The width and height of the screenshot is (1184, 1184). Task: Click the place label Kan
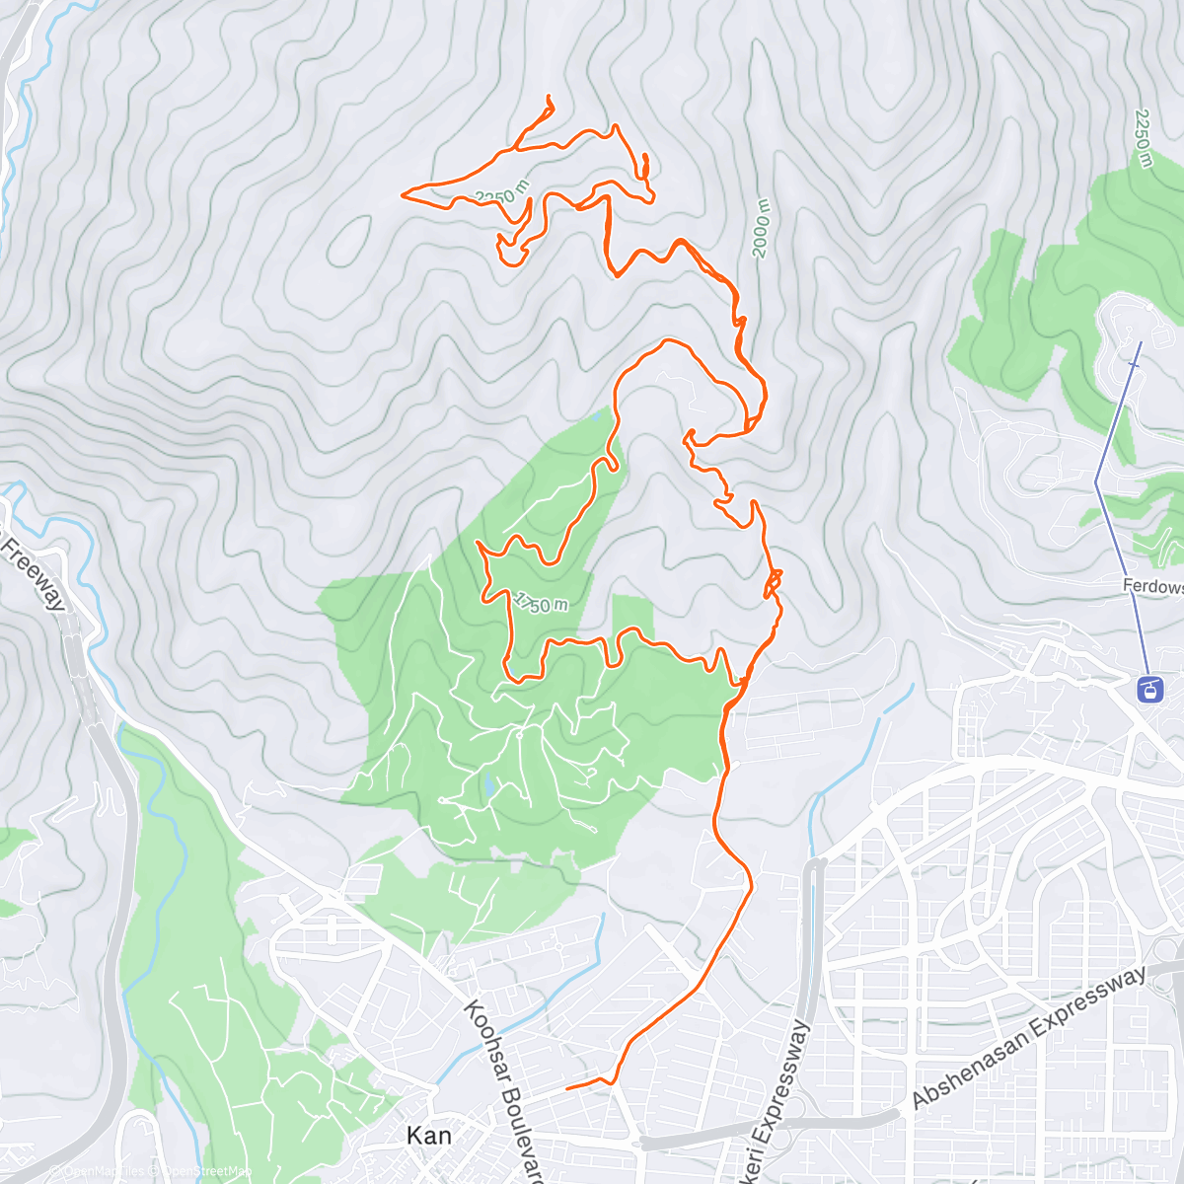(x=429, y=1136)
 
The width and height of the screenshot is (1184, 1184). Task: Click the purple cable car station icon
(x=1150, y=688)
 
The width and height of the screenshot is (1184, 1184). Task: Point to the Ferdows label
(x=1152, y=586)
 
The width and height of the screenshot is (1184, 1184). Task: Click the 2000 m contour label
(x=761, y=228)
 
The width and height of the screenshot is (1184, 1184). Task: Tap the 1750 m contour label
(x=540, y=603)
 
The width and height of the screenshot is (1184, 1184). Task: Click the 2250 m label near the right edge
(x=1143, y=138)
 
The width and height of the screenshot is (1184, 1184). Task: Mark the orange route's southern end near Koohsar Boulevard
(x=567, y=1088)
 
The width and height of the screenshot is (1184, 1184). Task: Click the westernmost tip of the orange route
(x=403, y=194)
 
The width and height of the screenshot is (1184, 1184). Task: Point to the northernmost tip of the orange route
(x=548, y=98)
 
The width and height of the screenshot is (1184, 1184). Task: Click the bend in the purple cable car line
(x=1096, y=481)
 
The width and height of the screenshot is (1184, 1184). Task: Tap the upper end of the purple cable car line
(x=1141, y=342)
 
